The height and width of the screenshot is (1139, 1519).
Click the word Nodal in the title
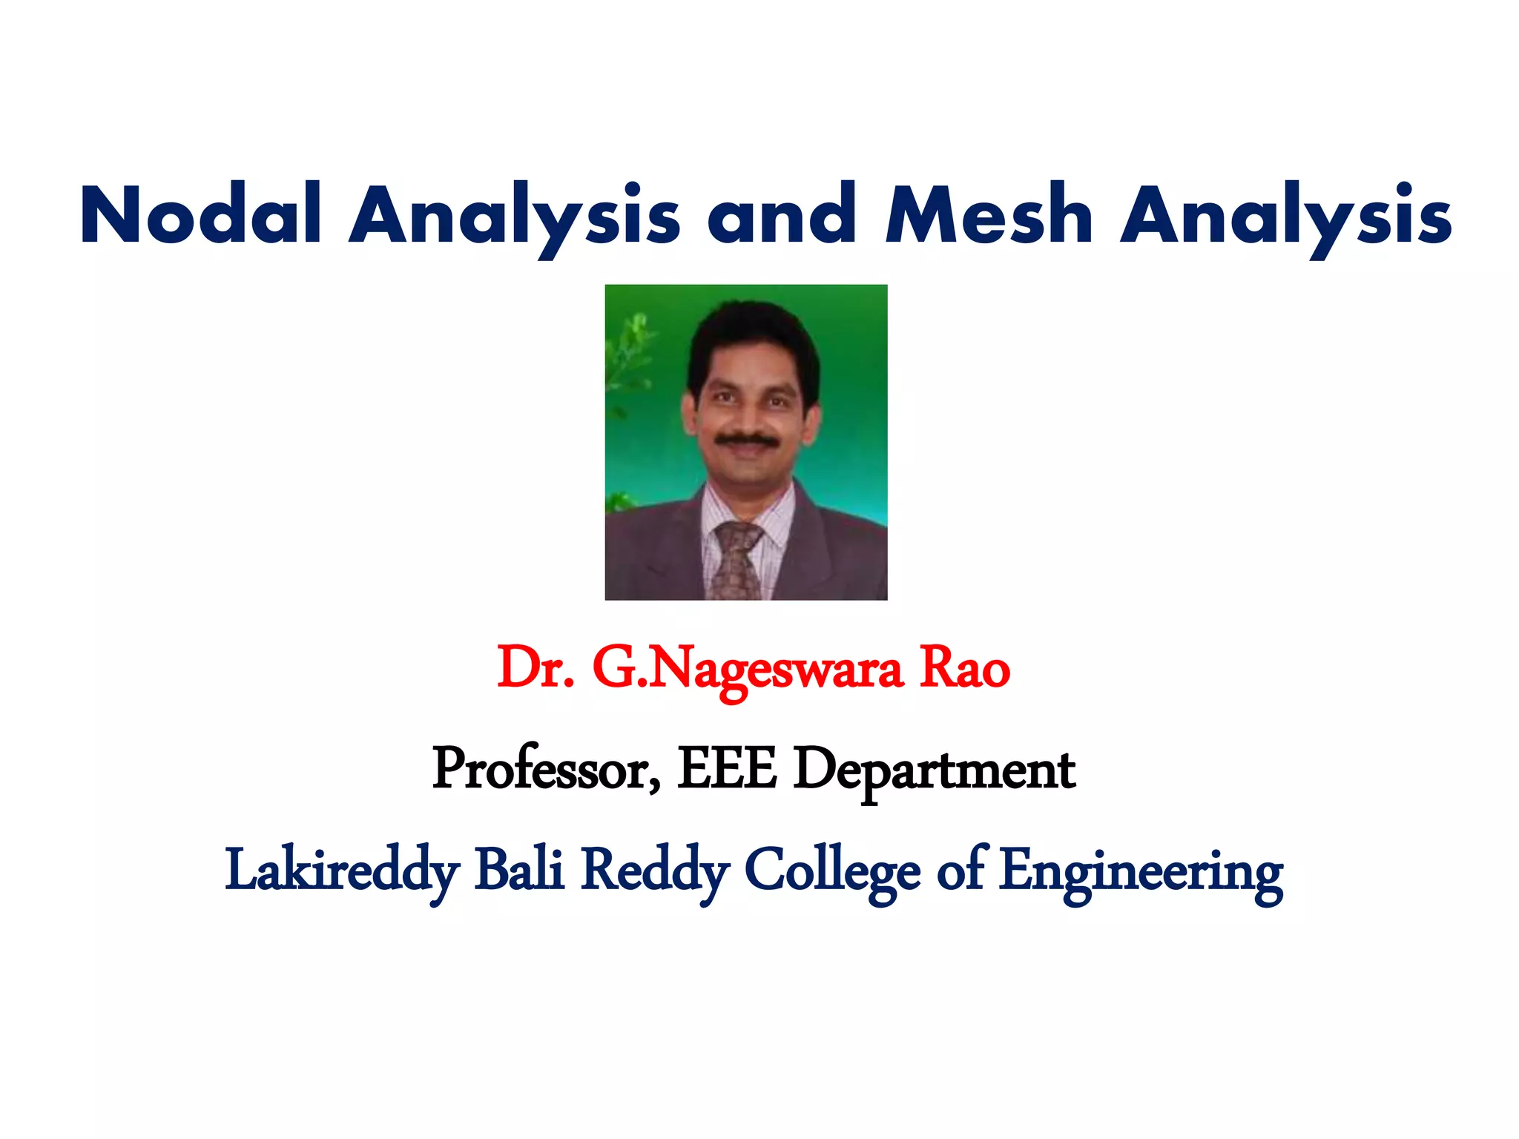click(x=200, y=215)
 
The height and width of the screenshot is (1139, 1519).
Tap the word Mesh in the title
click(x=989, y=215)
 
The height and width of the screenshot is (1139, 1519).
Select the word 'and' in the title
click(x=782, y=215)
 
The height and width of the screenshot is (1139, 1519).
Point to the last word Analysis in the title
click(x=1285, y=215)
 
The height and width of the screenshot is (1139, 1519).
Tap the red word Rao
click(x=964, y=667)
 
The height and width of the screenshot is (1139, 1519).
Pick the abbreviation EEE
click(x=727, y=769)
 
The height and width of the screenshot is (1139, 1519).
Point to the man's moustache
click(x=747, y=440)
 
